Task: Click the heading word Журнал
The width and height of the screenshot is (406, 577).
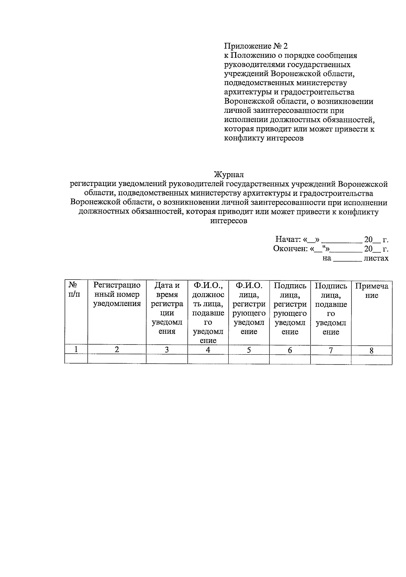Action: tap(228, 175)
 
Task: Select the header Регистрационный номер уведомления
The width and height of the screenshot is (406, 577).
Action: tap(117, 294)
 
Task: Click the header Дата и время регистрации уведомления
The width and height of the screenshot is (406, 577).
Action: tap(167, 308)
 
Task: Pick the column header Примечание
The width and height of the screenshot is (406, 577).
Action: tap(371, 290)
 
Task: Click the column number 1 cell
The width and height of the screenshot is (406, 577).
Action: tap(76, 350)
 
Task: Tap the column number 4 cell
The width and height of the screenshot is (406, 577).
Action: tap(208, 350)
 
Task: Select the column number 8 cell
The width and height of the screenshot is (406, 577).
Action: tap(371, 350)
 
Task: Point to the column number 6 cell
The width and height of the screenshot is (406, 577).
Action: tap(290, 350)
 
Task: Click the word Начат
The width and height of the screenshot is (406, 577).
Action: tap(288, 240)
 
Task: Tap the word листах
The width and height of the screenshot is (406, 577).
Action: tap(376, 259)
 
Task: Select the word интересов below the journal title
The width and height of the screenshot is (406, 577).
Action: tap(229, 221)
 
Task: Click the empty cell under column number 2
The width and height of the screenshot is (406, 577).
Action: tap(117, 359)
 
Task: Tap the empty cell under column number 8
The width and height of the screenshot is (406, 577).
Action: tap(371, 359)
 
